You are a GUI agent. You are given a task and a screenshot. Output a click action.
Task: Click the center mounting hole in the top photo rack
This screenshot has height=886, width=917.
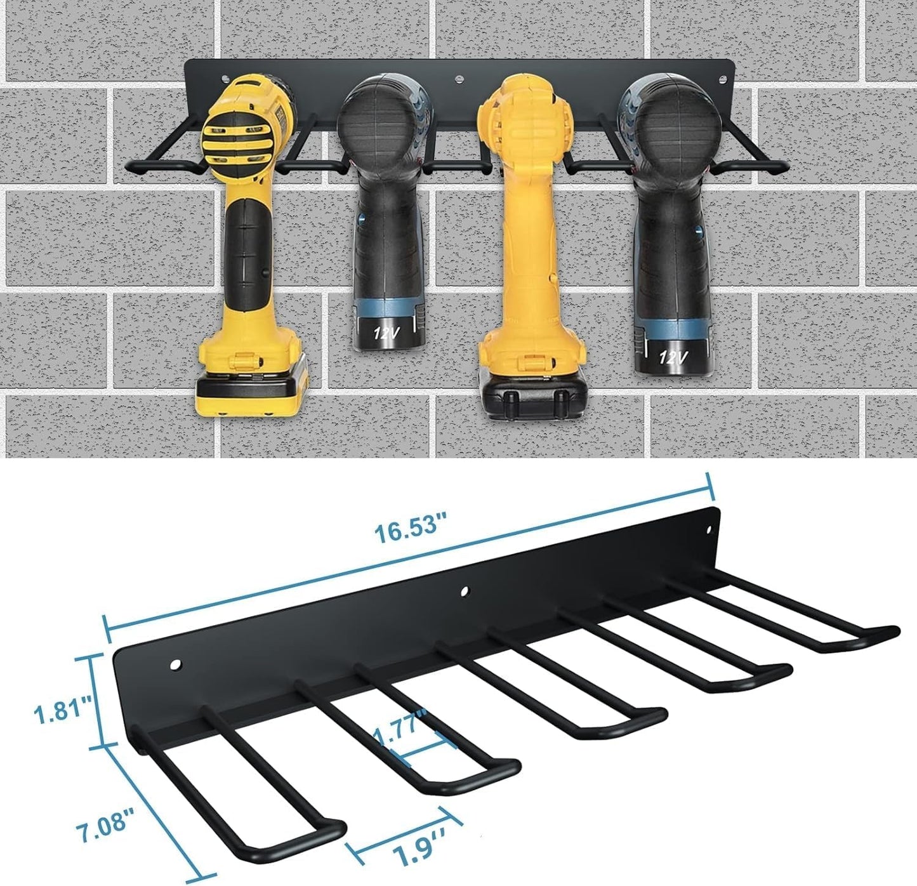(x=458, y=81)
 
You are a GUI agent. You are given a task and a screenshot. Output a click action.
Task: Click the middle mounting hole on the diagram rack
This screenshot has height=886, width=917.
(x=466, y=592)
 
